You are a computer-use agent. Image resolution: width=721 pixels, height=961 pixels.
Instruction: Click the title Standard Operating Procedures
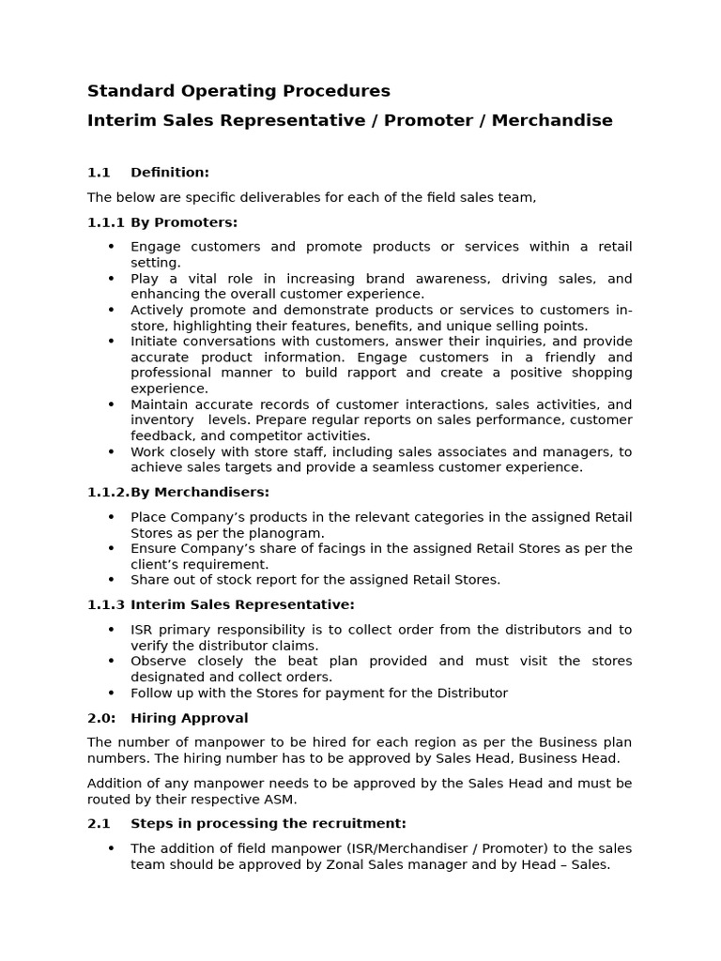coord(238,91)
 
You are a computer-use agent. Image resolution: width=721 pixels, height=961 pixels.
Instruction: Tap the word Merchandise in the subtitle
coord(552,120)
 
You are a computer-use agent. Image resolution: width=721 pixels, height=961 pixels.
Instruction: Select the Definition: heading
coord(169,173)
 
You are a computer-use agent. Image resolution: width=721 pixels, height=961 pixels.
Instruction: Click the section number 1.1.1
coord(106,222)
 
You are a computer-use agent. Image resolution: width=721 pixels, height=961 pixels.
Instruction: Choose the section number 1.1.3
coord(106,604)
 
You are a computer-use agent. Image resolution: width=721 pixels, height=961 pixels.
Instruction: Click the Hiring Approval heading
coord(189,718)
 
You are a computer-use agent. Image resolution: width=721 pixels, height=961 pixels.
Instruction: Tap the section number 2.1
coord(99,823)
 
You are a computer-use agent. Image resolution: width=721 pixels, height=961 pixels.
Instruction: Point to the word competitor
coord(277,435)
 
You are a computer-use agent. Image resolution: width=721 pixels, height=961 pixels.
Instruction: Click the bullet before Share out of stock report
coord(111,580)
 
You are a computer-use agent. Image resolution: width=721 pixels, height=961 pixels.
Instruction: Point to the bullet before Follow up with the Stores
coord(111,693)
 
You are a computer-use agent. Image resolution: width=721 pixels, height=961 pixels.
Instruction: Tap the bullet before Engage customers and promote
coord(111,247)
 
